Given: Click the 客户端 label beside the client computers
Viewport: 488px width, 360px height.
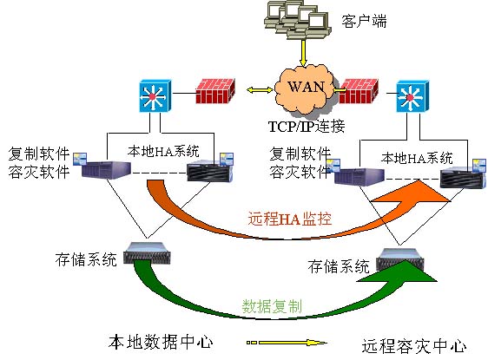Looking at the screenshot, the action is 364,21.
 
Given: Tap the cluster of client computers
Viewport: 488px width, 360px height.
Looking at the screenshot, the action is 298,19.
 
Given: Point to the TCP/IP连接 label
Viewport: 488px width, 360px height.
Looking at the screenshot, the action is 307,127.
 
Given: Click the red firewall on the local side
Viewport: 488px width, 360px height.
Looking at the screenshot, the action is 215,91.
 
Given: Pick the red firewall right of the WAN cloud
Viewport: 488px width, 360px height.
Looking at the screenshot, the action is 359,91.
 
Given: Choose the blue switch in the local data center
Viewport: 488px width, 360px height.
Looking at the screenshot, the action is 155,95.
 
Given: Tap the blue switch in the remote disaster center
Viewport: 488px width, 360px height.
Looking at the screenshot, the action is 412,96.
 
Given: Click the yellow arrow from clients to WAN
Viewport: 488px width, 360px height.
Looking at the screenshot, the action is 303,52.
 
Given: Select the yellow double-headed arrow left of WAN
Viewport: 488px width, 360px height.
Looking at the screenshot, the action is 260,90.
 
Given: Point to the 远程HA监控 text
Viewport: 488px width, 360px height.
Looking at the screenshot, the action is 290,219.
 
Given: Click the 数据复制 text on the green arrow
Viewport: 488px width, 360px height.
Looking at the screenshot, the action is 272,306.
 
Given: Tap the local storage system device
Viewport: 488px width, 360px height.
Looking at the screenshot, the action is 147,253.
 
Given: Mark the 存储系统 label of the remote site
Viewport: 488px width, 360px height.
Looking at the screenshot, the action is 339,266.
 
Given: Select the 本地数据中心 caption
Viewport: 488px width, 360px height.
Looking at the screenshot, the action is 161,342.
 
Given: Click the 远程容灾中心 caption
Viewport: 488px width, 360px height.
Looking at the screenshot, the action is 414,346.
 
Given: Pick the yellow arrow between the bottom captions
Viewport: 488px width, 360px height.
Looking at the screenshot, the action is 287,343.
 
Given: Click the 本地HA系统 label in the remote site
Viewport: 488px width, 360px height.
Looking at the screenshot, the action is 417,158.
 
